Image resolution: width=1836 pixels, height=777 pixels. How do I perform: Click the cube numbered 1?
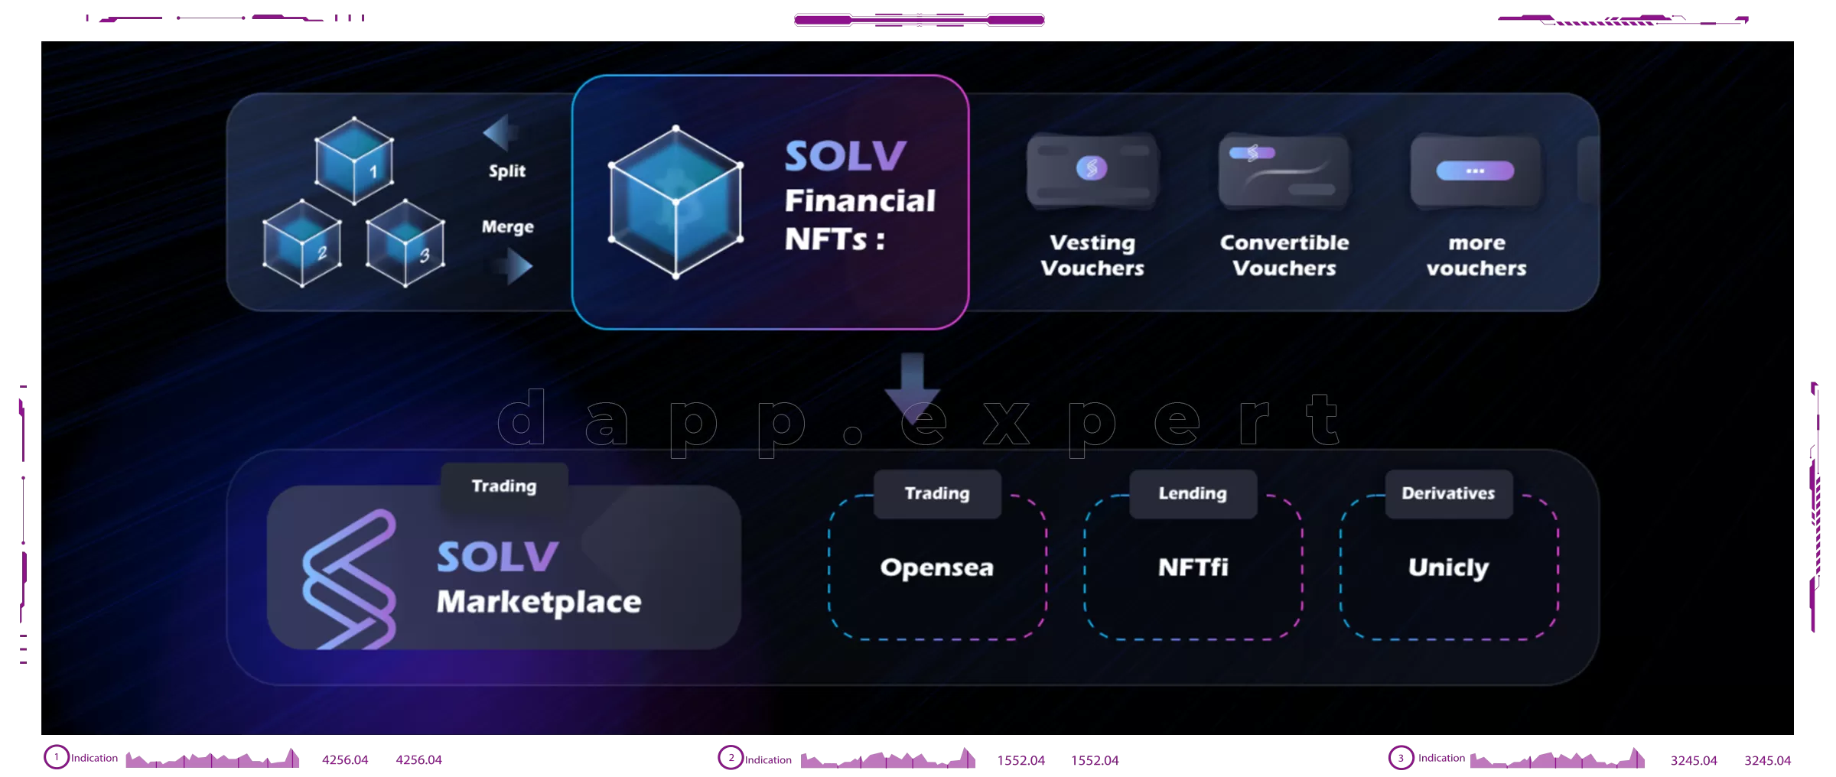click(354, 161)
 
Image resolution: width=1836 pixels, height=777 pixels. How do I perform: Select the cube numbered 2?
click(302, 243)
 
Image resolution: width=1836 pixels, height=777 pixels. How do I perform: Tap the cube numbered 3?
click(405, 243)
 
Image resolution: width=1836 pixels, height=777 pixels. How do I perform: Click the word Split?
click(507, 171)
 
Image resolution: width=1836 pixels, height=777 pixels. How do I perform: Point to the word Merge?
click(508, 227)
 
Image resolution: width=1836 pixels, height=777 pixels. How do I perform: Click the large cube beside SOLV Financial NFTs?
click(675, 202)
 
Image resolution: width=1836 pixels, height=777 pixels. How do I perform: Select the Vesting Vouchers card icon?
click(1092, 171)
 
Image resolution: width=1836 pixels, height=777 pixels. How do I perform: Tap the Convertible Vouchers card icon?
click(1284, 171)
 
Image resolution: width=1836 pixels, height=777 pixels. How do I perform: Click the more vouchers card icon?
click(1476, 171)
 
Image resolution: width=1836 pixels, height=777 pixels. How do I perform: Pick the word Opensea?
click(937, 567)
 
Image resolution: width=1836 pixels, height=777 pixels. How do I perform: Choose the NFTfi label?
click(1193, 567)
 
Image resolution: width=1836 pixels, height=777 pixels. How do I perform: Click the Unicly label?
click(1449, 567)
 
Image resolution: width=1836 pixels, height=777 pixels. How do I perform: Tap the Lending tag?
click(1193, 494)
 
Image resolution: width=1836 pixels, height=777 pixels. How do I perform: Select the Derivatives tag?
click(1449, 494)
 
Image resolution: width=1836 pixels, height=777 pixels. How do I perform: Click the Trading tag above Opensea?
click(937, 494)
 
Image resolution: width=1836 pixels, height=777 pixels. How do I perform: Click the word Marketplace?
click(539, 603)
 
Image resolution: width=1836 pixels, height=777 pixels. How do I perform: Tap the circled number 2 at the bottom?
click(731, 758)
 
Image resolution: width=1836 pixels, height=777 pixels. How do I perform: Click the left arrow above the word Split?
click(500, 133)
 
